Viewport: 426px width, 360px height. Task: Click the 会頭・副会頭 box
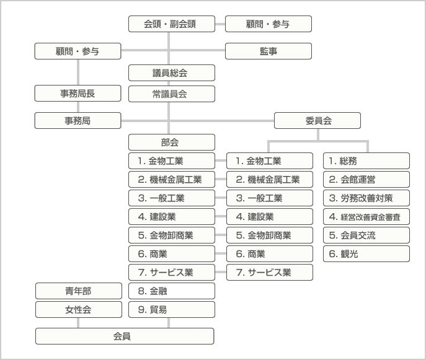172,24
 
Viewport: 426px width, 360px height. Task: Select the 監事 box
268,51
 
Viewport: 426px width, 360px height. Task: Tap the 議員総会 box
172,72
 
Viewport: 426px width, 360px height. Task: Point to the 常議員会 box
172,94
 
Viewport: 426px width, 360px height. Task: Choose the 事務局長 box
78,94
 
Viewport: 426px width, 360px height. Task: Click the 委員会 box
317,121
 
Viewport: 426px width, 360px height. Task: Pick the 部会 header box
172,143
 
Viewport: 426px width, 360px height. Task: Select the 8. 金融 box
172,291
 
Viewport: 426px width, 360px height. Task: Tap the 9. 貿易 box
172,310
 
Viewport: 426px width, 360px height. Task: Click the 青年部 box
79,291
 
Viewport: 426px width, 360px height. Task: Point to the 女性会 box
79,310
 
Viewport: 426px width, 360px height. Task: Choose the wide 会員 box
125,336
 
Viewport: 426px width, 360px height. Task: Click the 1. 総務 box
366,160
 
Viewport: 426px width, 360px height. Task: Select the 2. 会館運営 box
366,179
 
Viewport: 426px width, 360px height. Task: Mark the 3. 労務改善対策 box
366,198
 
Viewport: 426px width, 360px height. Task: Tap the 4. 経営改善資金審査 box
366,217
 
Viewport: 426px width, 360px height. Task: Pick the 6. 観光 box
366,254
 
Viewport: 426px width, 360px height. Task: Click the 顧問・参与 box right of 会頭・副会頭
268,24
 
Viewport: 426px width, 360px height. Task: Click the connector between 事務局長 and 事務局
78,107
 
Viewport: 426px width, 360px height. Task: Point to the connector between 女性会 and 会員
78,323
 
